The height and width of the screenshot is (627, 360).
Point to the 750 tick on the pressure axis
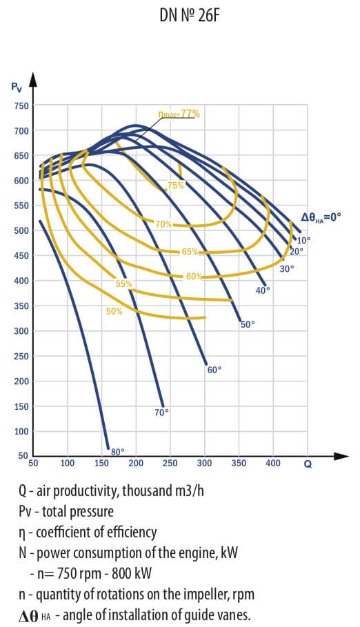pyautogui.click(x=21, y=106)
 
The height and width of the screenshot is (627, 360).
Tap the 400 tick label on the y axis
pyautogui.click(x=21, y=281)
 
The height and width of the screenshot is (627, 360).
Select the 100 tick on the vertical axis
pyautogui.click(x=21, y=431)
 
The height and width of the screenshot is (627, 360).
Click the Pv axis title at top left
pyautogui.click(x=16, y=86)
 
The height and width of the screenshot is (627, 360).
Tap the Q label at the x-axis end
pyautogui.click(x=308, y=465)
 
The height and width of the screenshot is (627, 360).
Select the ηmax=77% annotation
pyautogui.click(x=179, y=114)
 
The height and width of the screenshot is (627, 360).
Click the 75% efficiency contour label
pyautogui.click(x=176, y=186)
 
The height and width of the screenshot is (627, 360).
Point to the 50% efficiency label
pyautogui.click(x=114, y=312)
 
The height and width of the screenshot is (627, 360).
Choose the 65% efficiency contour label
pyautogui.click(x=189, y=252)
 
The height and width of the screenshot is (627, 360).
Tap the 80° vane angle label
pyautogui.click(x=117, y=452)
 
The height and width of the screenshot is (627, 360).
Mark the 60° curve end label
pyautogui.click(x=214, y=370)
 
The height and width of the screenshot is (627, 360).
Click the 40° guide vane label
pyautogui.click(x=262, y=290)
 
